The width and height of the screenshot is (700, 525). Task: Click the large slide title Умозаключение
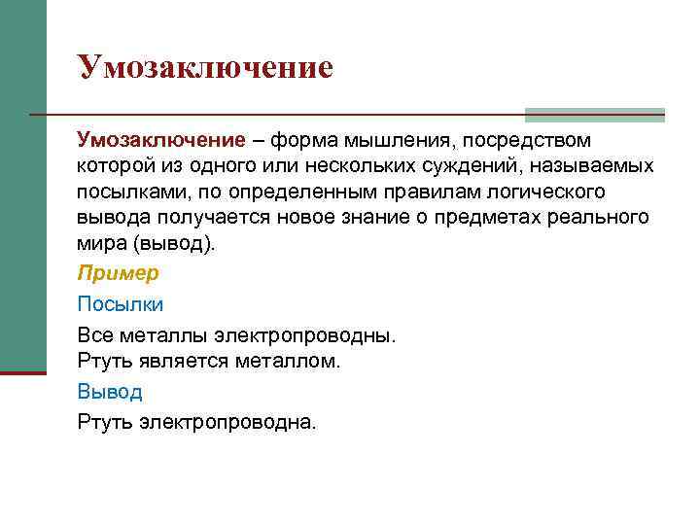[x=205, y=67]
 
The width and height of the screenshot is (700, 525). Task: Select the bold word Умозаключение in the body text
[x=161, y=141]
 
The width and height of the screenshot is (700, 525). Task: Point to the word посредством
[x=529, y=141]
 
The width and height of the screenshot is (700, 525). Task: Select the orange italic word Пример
[x=118, y=273]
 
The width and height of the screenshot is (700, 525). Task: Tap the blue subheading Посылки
[x=121, y=303]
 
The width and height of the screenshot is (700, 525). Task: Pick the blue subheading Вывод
[x=110, y=392]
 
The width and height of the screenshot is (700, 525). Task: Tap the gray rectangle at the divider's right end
[x=594, y=115]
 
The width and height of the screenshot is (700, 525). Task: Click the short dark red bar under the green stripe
[x=22, y=371]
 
